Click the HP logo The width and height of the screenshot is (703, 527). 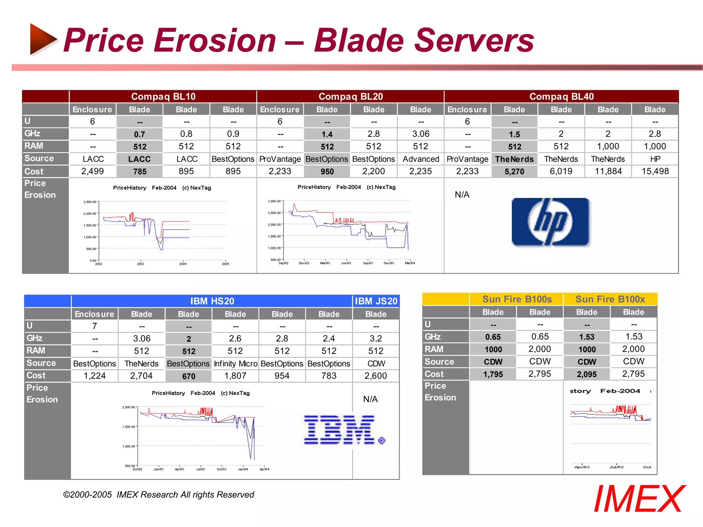click(550, 222)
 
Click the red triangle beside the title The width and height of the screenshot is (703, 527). click(43, 39)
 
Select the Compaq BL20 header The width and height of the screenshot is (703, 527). click(350, 96)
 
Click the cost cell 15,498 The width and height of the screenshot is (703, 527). click(655, 171)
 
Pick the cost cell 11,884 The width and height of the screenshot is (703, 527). click(608, 171)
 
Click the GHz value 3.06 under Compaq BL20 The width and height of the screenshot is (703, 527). click(420, 134)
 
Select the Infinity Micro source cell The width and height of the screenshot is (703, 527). click(235, 364)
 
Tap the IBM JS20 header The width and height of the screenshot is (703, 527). click(376, 301)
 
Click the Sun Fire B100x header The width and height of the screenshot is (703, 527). click(610, 299)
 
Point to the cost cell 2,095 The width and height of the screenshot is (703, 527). click(587, 374)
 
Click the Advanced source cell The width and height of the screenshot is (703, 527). click(421, 159)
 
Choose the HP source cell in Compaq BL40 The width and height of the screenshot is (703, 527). click(655, 159)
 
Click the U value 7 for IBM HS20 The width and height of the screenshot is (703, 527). click(95, 326)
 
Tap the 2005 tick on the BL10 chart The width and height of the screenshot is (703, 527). click(225, 263)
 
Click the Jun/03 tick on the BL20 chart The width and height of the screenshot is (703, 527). click(346, 263)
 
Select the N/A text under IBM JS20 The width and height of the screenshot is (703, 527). click(370, 399)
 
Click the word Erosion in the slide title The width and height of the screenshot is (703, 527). click(215, 40)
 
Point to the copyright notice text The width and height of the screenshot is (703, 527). click(159, 494)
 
